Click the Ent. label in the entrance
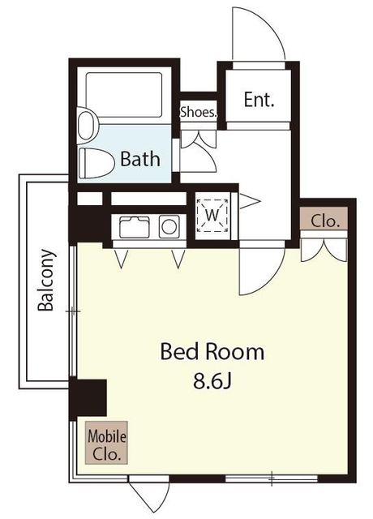pos(259,99)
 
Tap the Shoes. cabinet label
pos(199,112)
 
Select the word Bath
pos(140,159)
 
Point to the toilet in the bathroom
pos(96,163)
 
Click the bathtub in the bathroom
pos(124,95)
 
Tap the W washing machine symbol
pos(212,216)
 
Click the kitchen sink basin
pos(135,227)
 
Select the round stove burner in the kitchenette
pos(169,227)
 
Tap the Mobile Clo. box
pos(106,442)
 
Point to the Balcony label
pos(45,280)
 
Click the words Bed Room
pos(212,351)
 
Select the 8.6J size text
pos(212,381)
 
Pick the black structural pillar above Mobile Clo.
pos(88,397)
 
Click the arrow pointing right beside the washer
pos(250,201)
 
